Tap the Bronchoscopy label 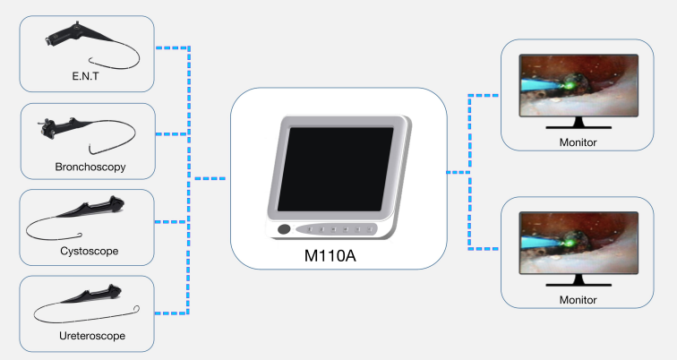89,167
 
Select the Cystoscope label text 90,251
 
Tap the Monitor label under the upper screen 578,141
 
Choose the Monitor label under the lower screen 578,300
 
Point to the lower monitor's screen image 578,241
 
